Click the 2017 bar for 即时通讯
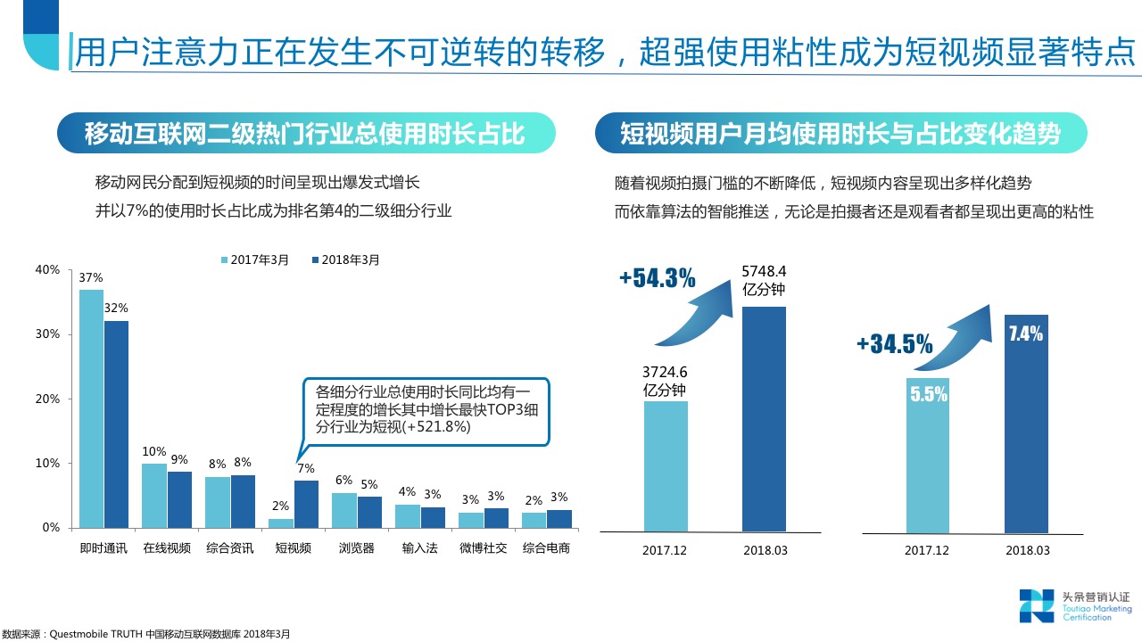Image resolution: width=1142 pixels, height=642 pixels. pyautogui.click(x=91, y=408)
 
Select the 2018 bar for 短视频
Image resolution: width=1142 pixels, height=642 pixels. pyautogui.click(x=307, y=504)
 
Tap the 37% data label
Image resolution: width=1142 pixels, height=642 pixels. pyautogui.click(x=90, y=277)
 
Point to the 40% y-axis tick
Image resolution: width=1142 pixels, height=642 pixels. pyautogui.click(x=47, y=269)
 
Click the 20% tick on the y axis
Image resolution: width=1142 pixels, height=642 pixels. pyautogui.click(x=47, y=399)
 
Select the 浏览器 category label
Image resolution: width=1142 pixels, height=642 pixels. pyautogui.click(x=357, y=548)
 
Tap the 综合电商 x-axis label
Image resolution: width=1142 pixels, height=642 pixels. pyautogui.click(x=547, y=548)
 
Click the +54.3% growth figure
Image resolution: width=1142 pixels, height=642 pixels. pyautogui.click(x=657, y=278)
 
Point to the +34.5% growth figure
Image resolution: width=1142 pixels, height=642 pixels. pyautogui.click(x=894, y=343)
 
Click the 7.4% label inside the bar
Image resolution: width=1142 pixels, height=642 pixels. pyautogui.click(x=1025, y=334)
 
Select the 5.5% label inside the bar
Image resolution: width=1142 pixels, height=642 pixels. pyautogui.click(x=928, y=394)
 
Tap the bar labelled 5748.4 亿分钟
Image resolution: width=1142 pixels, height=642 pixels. pyautogui.click(x=764, y=419)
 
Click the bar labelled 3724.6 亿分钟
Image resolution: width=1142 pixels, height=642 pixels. pyautogui.click(x=666, y=466)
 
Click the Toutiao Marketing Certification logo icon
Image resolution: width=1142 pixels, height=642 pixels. pyautogui.click(x=1037, y=605)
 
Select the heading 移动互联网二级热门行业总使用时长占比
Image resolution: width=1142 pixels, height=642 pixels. pyautogui.click(x=304, y=134)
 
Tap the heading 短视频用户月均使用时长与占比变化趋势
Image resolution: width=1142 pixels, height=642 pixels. pyautogui.click(x=840, y=134)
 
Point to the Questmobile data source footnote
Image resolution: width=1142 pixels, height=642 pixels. pyautogui.click(x=146, y=634)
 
